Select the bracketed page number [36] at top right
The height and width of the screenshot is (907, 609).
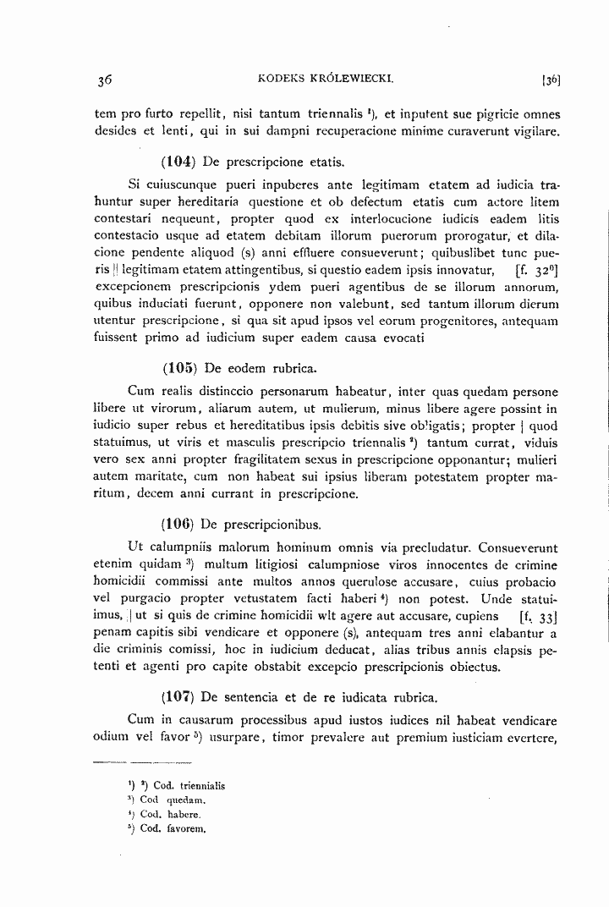[551, 80]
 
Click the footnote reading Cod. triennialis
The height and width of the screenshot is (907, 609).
[183, 785]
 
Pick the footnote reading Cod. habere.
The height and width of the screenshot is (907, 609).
[169, 814]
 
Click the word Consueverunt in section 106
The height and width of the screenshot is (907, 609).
[518, 547]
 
